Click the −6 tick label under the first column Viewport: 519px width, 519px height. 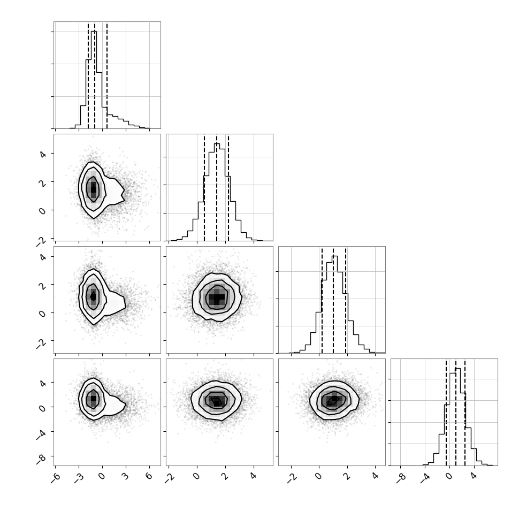point(55,478)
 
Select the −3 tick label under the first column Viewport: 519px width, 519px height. point(79,478)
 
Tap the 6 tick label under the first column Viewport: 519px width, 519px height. point(149,476)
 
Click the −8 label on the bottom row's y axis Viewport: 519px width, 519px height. point(41,460)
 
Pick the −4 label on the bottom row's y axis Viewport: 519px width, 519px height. point(41,435)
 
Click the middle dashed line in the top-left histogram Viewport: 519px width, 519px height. point(95,75)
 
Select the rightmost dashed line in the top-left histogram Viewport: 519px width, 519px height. point(107,75)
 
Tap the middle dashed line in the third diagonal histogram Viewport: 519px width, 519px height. point(333,301)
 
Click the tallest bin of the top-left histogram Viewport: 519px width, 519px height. point(94,79)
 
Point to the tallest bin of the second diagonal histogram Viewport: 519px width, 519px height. point(217,192)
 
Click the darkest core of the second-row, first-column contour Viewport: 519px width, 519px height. point(93,189)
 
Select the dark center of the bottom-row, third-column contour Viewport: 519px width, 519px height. point(333,400)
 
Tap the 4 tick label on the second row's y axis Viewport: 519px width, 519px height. point(43,154)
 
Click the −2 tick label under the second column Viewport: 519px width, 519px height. point(169,478)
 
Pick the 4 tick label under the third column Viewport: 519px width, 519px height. point(375,476)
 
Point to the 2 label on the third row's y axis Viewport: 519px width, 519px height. point(43,285)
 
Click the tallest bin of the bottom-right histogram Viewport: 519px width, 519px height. point(458,417)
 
